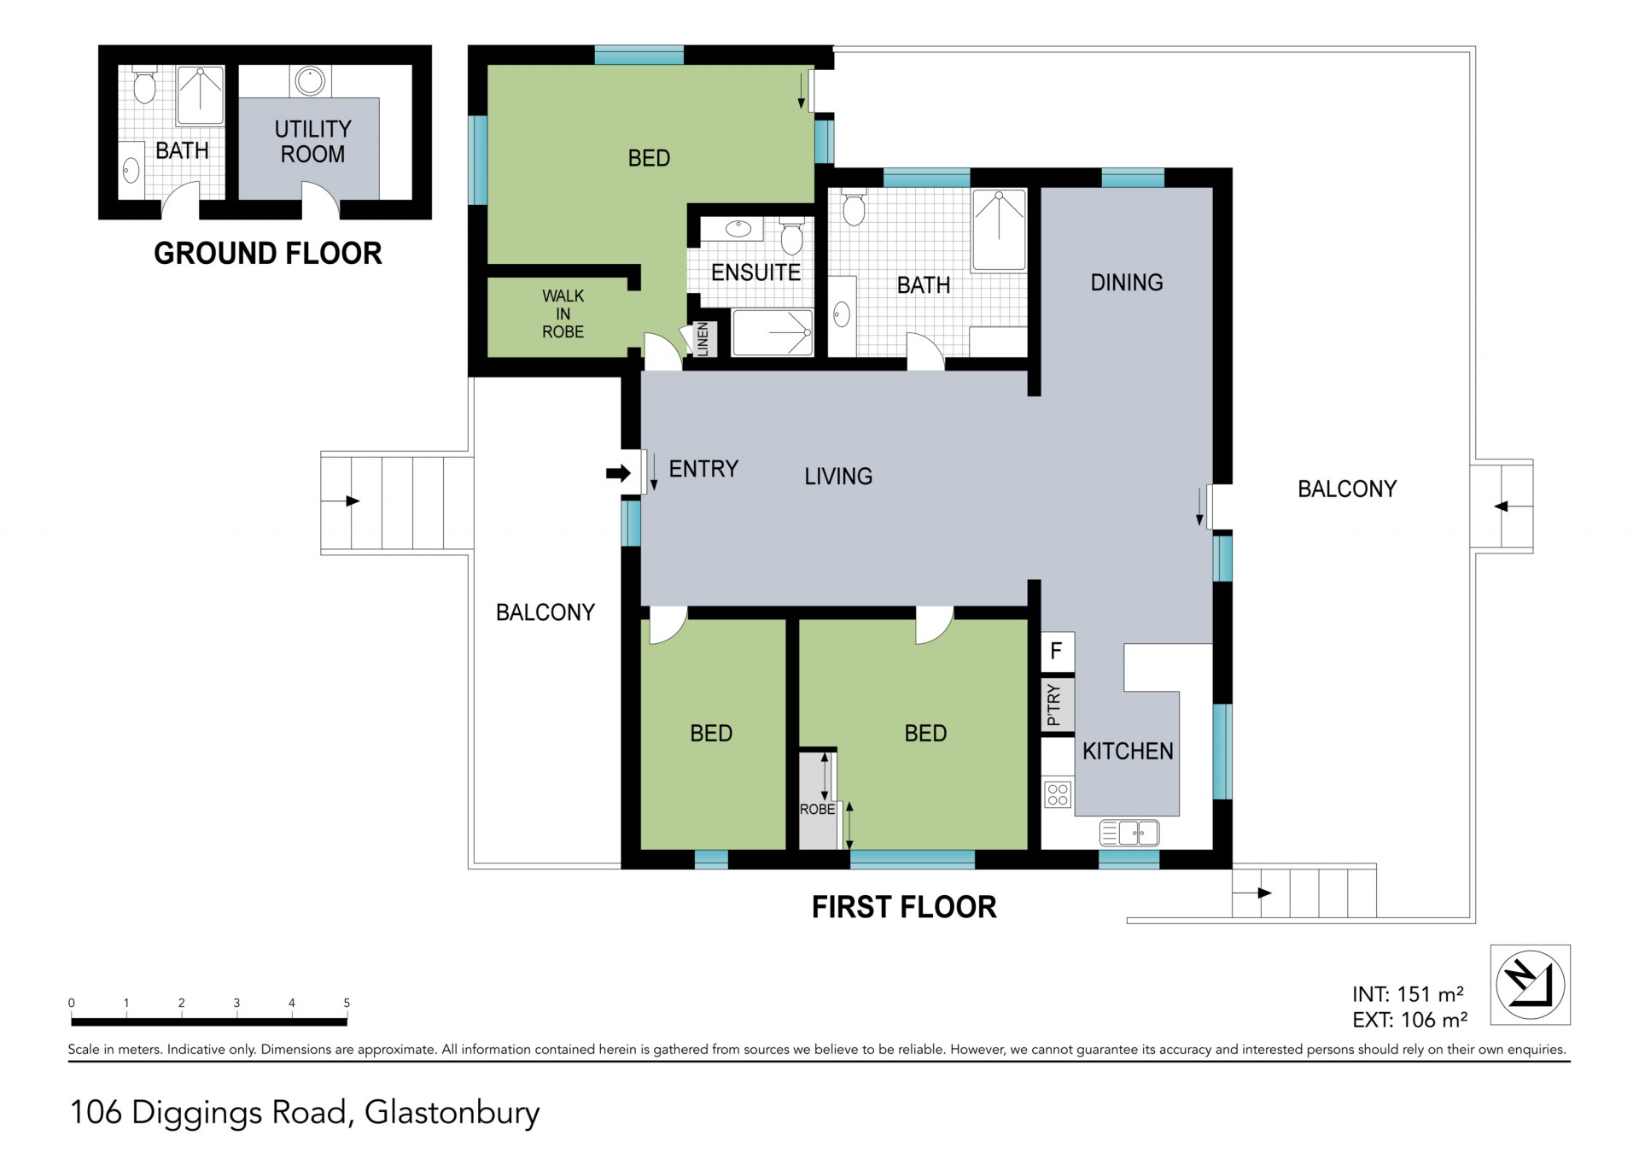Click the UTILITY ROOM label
click(x=312, y=142)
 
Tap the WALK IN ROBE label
click(x=563, y=313)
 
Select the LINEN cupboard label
click(x=703, y=339)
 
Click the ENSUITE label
click(x=755, y=272)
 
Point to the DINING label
click(x=1126, y=283)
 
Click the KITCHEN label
click(x=1128, y=752)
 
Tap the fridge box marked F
click(x=1057, y=652)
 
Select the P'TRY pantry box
click(x=1057, y=705)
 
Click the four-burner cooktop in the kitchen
click(x=1058, y=794)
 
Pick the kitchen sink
click(x=1129, y=832)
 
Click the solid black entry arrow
click(x=617, y=472)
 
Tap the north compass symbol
click(x=1530, y=985)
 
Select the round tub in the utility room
click(x=310, y=81)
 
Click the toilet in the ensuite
click(x=792, y=237)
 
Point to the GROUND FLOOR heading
click(x=268, y=254)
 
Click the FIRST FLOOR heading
click(x=904, y=907)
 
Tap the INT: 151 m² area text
click(x=1408, y=994)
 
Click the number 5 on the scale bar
click(x=347, y=1003)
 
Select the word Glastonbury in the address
click(x=452, y=1114)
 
